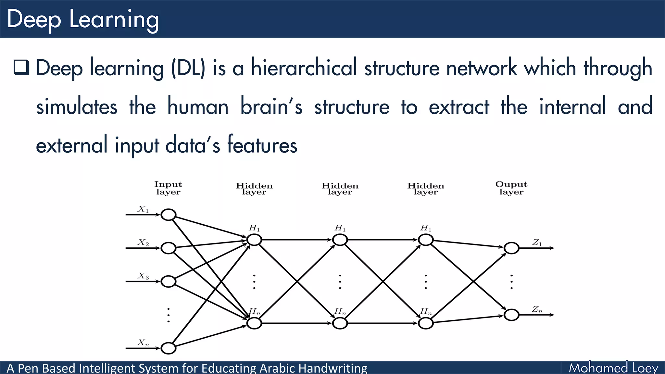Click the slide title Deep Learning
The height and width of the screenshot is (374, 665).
coord(83,19)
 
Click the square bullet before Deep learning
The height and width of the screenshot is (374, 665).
coord(21,68)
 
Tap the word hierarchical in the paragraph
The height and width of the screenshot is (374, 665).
coord(304,68)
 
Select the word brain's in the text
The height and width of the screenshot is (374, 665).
coord(271,106)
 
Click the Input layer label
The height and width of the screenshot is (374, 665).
coord(168,188)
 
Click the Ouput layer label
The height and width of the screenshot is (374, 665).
coord(511,188)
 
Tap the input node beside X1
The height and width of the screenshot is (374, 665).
coord(169,215)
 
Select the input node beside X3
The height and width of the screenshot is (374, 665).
coord(169,281)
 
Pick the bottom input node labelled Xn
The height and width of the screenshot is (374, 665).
coord(169,348)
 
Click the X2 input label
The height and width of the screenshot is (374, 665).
coord(143,243)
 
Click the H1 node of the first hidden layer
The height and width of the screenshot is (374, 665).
coord(254,240)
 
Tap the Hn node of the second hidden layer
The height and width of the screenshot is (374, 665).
coord(340,323)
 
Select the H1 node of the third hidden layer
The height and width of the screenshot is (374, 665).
coord(426,240)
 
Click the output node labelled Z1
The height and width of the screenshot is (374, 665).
coord(511,248)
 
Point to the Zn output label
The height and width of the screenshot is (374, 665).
coord(537,309)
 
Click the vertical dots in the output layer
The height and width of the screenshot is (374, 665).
coord(511,281)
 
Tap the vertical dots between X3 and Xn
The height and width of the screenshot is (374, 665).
coord(169,315)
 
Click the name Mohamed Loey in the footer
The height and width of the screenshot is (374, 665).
coord(613,368)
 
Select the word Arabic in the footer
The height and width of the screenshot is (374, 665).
coord(277,368)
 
